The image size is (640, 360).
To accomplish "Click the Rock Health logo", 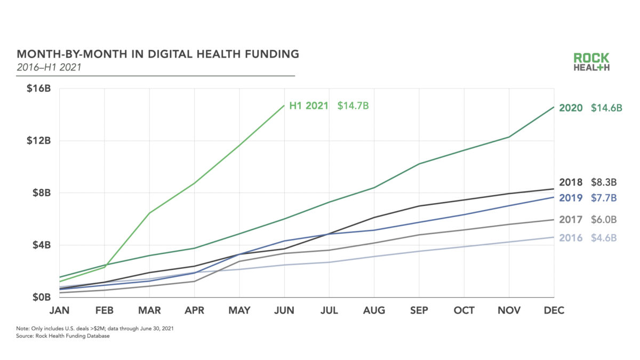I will [591, 62].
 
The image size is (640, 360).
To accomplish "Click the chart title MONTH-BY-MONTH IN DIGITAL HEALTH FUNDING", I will [158, 54].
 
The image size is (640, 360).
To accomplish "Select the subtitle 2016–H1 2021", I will [50, 67].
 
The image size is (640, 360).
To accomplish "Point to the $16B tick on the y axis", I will [38, 89].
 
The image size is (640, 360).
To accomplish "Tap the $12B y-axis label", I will [38, 141].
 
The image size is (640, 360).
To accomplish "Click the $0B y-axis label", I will [41, 297].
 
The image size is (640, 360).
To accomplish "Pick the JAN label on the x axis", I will [60, 310].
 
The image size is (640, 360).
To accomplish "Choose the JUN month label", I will [284, 310].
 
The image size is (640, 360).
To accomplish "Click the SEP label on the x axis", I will [419, 310].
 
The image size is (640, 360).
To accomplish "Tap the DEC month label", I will [554, 310].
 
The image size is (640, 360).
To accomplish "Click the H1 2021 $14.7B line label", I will [329, 106].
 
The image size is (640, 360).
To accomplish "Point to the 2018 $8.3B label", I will [588, 182].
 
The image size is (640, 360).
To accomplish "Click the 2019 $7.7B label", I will [588, 198].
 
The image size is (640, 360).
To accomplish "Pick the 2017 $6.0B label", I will [588, 219].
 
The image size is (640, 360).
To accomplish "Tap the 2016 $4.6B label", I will [588, 237].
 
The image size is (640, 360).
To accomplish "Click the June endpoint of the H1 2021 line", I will [284, 105].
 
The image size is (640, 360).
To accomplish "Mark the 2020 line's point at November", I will [509, 137].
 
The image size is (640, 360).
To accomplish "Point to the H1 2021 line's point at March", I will [150, 213].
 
